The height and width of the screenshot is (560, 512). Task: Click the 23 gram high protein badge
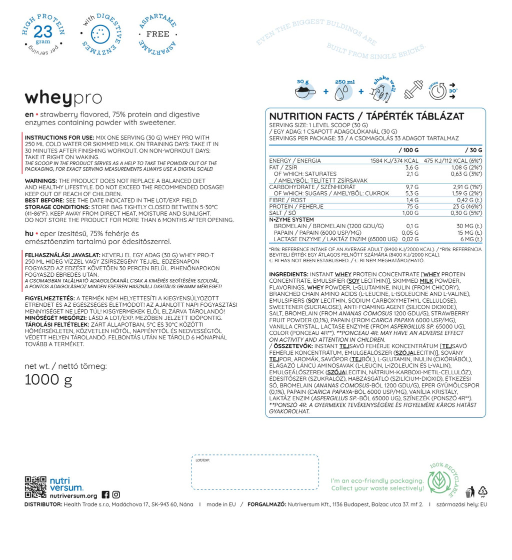(x=43, y=34)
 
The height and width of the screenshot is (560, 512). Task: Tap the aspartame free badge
(x=157, y=34)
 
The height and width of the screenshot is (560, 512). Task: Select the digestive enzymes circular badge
(x=101, y=34)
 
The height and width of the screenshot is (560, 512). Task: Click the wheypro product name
(x=63, y=98)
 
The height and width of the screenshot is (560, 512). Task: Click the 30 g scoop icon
(x=304, y=90)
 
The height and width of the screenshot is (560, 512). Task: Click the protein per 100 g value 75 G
(x=412, y=207)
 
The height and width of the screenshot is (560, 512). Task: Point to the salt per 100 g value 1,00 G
(x=410, y=213)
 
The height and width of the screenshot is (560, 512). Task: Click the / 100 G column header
(x=408, y=150)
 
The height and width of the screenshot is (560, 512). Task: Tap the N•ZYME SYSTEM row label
(x=291, y=220)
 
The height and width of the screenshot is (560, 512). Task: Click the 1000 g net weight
(x=48, y=381)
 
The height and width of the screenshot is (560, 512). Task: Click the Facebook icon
(x=105, y=494)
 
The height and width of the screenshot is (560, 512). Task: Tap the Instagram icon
(x=116, y=494)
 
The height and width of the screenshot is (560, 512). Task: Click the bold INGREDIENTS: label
(x=288, y=275)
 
